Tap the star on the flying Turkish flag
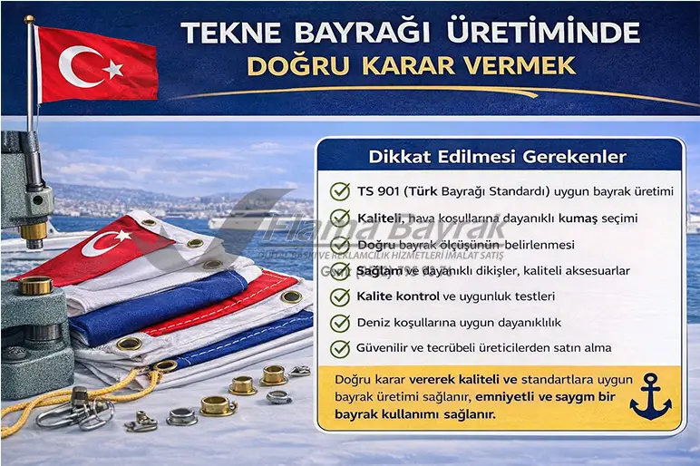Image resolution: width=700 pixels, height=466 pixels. click(x=112, y=69)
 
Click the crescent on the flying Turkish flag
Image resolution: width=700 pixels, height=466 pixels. click(x=78, y=64)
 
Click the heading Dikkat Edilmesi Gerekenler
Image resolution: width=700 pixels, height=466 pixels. click(x=497, y=157)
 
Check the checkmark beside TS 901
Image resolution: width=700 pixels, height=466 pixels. click(x=339, y=191)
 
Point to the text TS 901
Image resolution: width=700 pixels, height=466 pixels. click(x=377, y=191)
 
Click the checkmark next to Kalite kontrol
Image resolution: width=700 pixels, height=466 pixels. click(x=339, y=296)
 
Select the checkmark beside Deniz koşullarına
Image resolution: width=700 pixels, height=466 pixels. click(x=339, y=322)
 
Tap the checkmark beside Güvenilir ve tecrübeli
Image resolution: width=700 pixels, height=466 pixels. click(x=339, y=347)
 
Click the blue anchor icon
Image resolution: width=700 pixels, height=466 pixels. click(x=650, y=396)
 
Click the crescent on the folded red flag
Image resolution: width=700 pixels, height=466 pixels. click(x=102, y=242)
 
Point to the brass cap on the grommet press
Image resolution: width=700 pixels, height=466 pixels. click(x=34, y=286)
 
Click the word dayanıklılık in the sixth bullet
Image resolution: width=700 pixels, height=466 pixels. click(x=524, y=322)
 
